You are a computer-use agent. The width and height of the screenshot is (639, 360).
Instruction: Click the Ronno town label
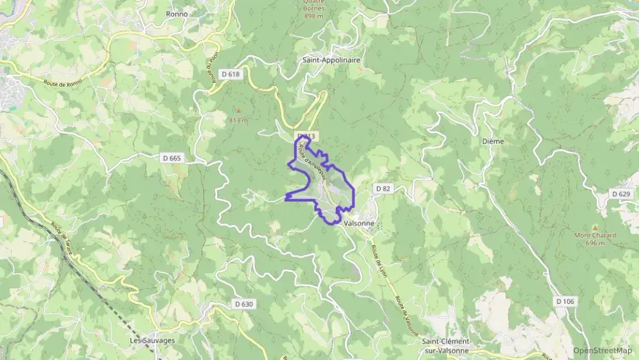[177, 14]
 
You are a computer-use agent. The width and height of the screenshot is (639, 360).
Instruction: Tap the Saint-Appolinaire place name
[331, 60]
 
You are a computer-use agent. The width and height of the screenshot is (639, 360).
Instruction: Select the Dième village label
[492, 141]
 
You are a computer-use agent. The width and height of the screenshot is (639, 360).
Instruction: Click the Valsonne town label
[359, 223]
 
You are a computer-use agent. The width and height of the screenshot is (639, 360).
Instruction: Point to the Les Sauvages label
[153, 340]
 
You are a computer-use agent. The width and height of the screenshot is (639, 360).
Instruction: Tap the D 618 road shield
[233, 74]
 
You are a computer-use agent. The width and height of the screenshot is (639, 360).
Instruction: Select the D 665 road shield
[172, 158]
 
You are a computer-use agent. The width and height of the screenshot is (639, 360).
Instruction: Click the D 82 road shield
[382, 188]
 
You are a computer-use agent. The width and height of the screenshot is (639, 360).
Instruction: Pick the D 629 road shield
[621, 195]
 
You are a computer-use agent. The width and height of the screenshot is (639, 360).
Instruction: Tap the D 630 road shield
[243, 304]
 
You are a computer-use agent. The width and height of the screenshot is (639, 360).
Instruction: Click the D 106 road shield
[565, 301]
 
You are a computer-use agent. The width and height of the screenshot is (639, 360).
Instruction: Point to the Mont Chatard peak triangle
[595, 227]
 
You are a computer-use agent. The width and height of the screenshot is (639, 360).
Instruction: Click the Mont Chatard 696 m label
[595, 239]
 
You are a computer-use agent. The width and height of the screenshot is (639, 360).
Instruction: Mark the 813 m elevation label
[238, 120]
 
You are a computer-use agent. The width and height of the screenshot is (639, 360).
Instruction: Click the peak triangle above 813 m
[238, 110]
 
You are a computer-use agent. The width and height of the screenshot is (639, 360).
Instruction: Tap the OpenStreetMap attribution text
[602, 350]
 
